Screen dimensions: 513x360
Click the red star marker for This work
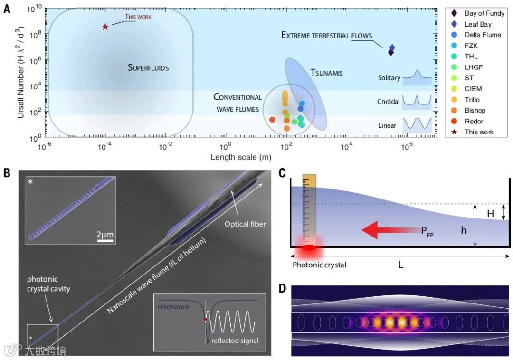[x=105, y=27]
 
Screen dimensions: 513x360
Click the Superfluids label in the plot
[x=148, y=67]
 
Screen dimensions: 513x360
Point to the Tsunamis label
[x=326, y=73]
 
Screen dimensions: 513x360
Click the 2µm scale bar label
[x=105, y=235]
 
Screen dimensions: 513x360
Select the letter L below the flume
[x=400, y=265]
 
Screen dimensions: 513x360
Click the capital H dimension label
[x=491, y=214]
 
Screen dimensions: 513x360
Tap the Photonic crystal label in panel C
[x=319, y=265]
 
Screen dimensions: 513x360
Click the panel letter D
[x=282, y=288]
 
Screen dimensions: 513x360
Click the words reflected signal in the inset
[x=235, y=341]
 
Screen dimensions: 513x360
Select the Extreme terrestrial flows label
[x=326, y=35]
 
